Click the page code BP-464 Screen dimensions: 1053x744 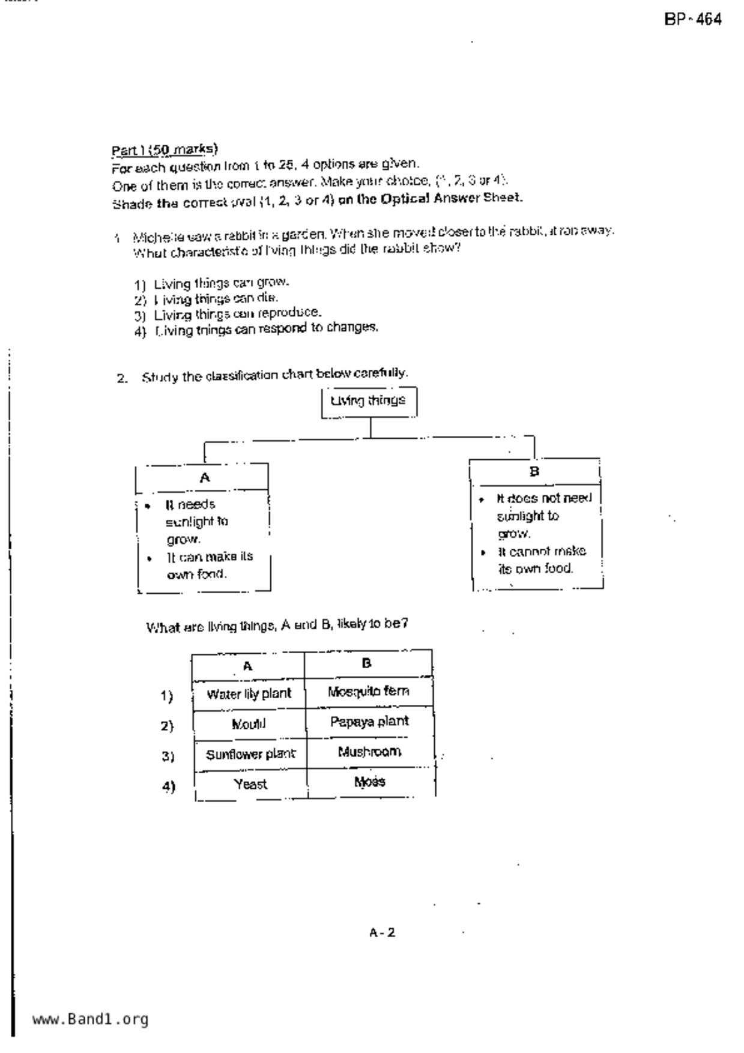[x=692, y=19]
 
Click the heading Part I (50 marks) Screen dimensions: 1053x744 [x=165, y=149]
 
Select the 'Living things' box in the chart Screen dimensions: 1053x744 [x=368, y=400]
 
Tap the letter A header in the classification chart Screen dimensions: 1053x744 [x=205, y=478]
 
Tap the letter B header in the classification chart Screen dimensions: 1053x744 [x=534, y=472]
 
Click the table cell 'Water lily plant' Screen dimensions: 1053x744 [x=249, y=695]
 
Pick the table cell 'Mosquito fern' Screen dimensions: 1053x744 [x=368, y=692]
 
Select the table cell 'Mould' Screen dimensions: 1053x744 [x=249, y=725]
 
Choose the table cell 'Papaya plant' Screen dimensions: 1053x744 [x=369, y=722]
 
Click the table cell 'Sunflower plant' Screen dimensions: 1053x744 [x=250, y=755]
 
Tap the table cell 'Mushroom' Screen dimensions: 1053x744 [x=369, y=752]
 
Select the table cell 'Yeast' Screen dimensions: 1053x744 [x=250, y=784]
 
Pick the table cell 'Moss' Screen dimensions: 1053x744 [x=369, y=782]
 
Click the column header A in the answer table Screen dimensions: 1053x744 [x=247, y=666]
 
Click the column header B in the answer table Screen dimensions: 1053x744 [x=367, y=663]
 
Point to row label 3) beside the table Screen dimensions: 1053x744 [x=168, y=756]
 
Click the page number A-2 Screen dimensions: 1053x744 [x=382, y=932]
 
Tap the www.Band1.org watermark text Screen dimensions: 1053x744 [x=90, y=1019]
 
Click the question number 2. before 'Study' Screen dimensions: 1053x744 [x=122, y=378]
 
